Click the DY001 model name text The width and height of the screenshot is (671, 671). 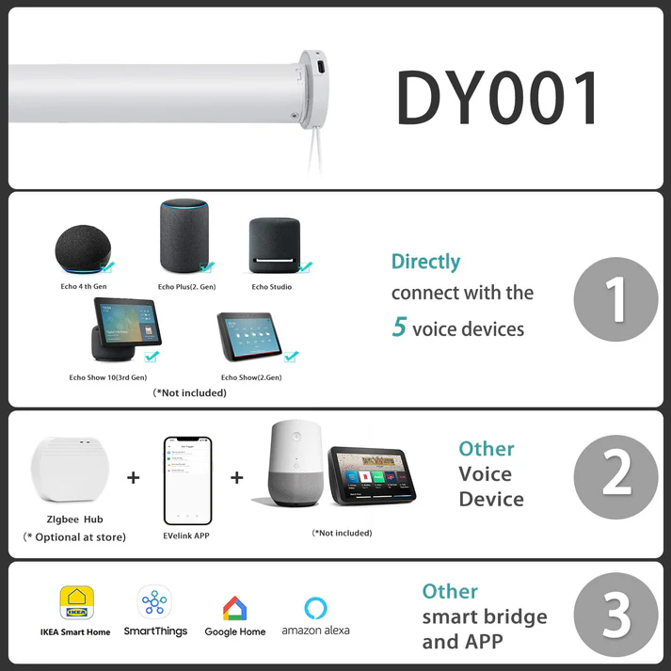[498, 99]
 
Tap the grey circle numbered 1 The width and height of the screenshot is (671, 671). [615, 299]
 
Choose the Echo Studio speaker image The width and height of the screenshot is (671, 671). [274, 247]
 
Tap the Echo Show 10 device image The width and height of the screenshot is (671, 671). [121, 329]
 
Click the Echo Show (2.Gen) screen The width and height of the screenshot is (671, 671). [250, 339]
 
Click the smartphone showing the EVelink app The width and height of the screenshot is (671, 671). [187, 480]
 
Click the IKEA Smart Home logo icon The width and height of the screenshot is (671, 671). [76, 603]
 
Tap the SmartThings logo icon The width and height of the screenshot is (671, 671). [154, 603]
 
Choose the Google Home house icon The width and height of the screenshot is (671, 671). [234, 608]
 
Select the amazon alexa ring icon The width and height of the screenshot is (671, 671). [315, 607]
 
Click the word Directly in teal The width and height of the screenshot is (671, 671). [425, 262]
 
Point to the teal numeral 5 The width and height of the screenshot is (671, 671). [399, 328]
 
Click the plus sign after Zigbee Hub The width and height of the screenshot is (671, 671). [133, 477]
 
